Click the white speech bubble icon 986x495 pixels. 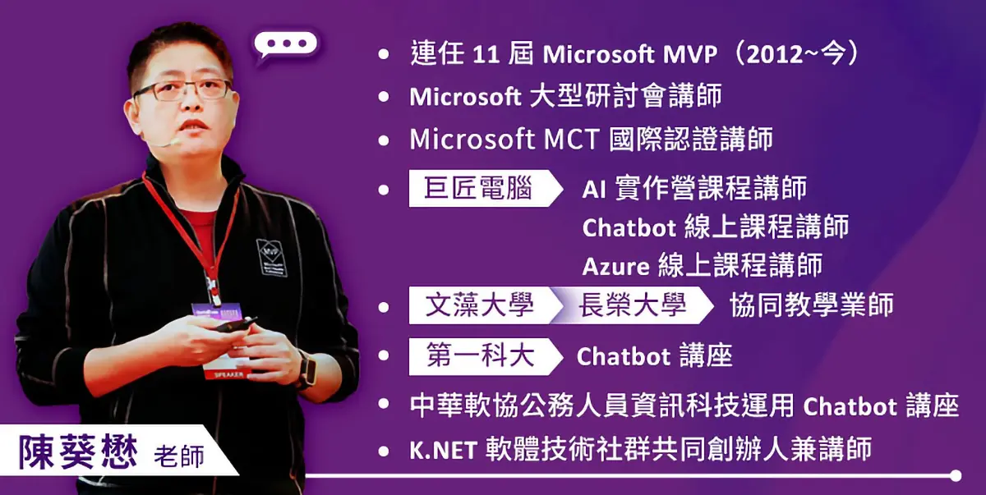point(285,45)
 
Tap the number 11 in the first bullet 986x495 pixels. point(486,55)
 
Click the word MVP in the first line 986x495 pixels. point(690,54)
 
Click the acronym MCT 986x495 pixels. point(571,140)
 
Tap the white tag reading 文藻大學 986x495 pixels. point(480,305)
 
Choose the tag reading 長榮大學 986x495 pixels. point(632,305)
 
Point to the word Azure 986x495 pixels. point(615,267)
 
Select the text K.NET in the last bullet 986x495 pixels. point(443,451)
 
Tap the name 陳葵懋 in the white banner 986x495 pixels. point(78,452)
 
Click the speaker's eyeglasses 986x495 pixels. point(182,91)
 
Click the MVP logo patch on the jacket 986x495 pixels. point(272,258)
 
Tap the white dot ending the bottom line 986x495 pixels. point(956,475)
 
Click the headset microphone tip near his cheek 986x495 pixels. point(175,141)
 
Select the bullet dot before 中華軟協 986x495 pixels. point(384,405)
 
